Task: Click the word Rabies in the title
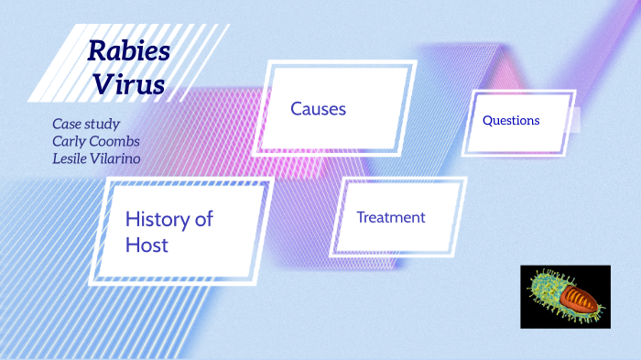pos(129,51)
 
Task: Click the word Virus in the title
pos(128,84)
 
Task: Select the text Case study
pos(86,124)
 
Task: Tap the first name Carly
pos(70,141)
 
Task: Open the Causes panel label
pos(318,109)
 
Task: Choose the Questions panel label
pos(511,120)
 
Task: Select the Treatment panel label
pos(391,217)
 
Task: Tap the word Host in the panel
pos(147,245)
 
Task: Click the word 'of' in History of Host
pos(203,219)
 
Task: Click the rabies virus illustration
pos(565,297)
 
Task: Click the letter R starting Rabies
pos(96,52)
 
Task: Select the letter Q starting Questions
pos(487,120)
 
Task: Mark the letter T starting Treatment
pos(361,217)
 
